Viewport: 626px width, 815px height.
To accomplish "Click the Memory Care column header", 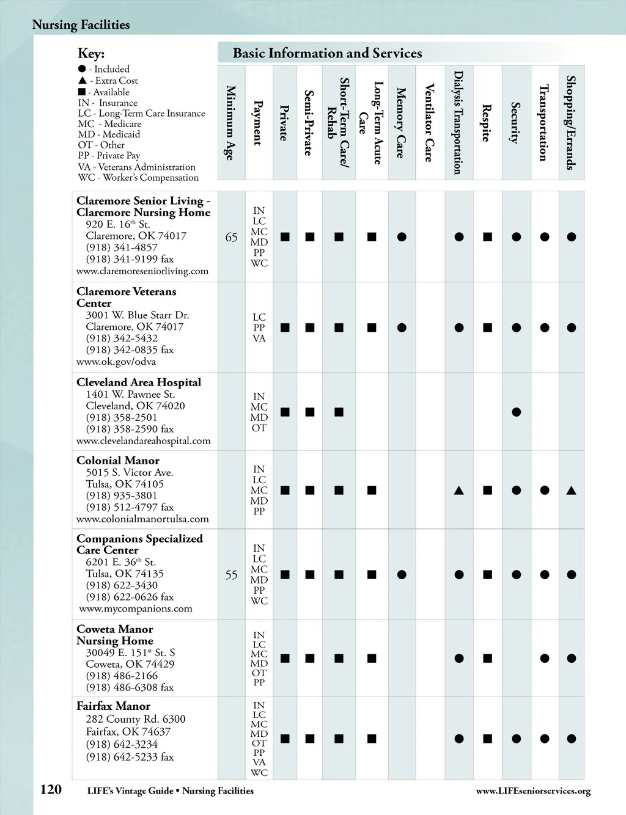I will click(401, 123).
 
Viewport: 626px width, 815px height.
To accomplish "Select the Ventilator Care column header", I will click(430, 123).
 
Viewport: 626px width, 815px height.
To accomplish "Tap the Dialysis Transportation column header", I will click(458, 123).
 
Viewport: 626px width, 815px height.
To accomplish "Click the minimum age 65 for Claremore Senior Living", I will click(231, 237).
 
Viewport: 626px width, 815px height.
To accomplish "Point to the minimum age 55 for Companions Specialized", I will click(231, 575).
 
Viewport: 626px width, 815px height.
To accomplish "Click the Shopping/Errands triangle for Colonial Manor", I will click(571, 490).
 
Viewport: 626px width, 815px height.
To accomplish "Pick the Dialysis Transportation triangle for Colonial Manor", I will click(458, 490).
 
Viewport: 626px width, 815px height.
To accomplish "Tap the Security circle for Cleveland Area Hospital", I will click(516, 412).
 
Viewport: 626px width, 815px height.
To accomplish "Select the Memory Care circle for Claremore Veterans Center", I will click(402, 328).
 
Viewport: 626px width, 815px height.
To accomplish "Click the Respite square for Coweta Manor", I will click(487, 659).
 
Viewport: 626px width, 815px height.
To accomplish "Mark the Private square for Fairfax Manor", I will click(285, 739).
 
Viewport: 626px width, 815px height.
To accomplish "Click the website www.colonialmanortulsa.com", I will click(142, 519).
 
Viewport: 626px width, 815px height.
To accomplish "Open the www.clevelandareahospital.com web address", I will click(143, 441).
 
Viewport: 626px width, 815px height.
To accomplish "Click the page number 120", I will click(51, 789).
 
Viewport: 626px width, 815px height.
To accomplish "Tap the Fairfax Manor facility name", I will click(113, 706).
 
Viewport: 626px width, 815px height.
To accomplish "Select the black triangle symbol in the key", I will click(83, 81).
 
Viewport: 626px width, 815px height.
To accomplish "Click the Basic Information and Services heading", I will click(327, 53).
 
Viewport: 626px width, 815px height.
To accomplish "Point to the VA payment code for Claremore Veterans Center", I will click(259, 338).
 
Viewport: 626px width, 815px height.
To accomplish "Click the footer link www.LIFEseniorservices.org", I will click(533, 791).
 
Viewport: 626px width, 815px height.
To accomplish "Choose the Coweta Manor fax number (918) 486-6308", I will click(130, 687).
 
